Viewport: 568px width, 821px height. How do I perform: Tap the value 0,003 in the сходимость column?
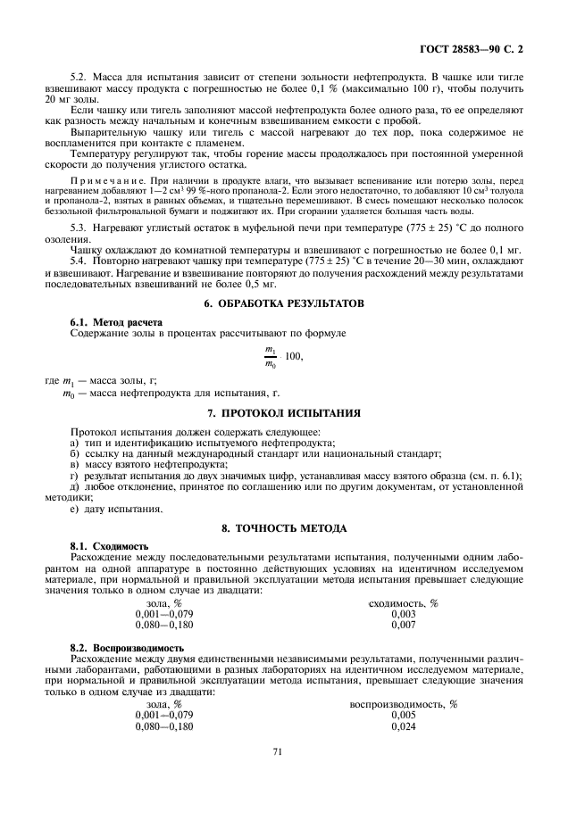[403, 614]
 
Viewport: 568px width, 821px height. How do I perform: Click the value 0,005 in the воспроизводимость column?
[403, 716]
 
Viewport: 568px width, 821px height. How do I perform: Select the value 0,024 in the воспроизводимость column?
[403, 727]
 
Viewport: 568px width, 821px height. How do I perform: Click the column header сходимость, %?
[403, 603]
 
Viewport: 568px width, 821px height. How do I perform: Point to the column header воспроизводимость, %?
[403, 704]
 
